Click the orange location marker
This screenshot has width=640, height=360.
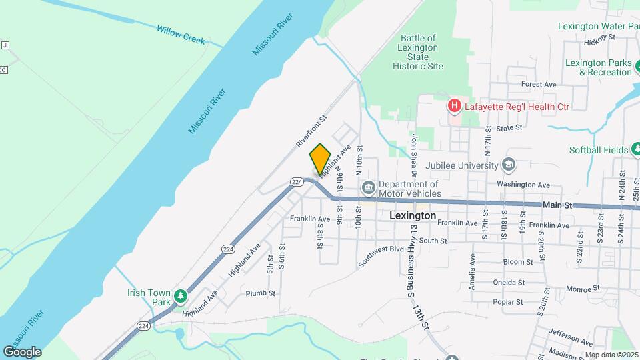coord(320,159)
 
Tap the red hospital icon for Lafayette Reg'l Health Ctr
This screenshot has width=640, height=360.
coord(454,105)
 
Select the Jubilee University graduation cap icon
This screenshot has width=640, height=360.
coord(509,165)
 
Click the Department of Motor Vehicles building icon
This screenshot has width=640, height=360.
coord(368,189)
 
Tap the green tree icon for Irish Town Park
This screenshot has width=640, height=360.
coord(180,295)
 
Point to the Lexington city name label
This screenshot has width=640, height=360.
coord(412,216)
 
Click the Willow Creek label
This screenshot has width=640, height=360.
coord(181,35)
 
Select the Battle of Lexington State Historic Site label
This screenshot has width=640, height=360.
coord(417,53)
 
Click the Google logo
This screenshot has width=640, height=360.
coord(22,352)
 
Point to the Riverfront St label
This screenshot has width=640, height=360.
coord(311,130)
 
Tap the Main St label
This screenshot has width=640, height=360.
coord(557,206)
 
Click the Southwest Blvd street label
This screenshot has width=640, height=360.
coord(381,256)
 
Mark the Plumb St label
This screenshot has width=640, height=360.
coord(260,293)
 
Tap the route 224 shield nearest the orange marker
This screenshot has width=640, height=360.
coord(297,181)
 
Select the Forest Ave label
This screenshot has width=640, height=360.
coord(539,85)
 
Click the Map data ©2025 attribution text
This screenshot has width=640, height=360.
coord(611,355)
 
